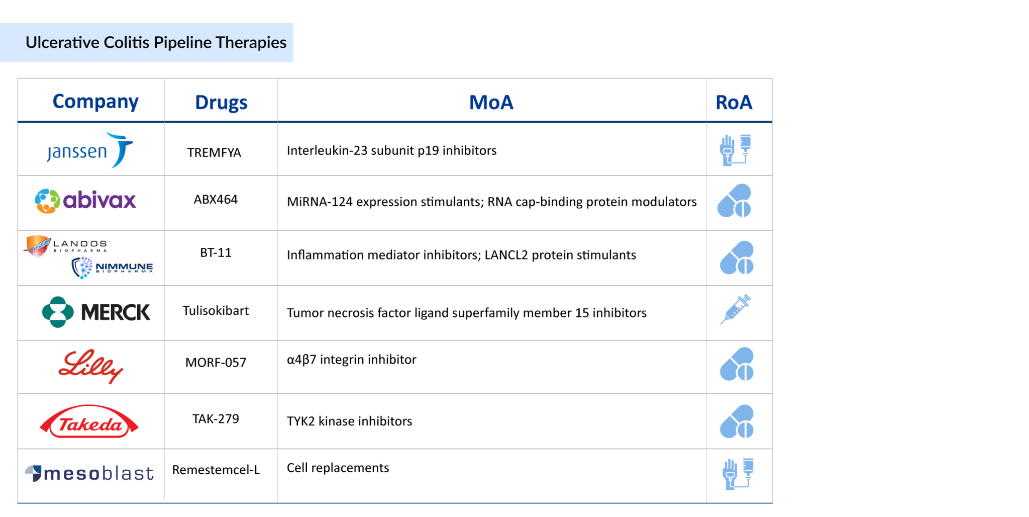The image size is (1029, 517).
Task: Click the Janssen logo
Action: pyautogui.click(x=90, y=150)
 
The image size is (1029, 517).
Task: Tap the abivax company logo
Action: pyautogui.click(x=85, y=201)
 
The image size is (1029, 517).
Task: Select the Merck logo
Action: pyautogui.click(x=96, y=312)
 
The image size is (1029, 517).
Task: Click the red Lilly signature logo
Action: pyautogui.click(x=91, y=366)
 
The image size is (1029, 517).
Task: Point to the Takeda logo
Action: pyautogui.click(x=89, y=422)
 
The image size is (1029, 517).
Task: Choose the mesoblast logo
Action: pyautogui.click(x=89, y=473)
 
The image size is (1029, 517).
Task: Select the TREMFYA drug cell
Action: pyautogui.click(x=214, y=152)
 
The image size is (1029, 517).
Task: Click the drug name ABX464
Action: pyautogui.click(x=216, y=200)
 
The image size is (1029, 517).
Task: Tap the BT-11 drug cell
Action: pyautogui.click(x=216, y=252)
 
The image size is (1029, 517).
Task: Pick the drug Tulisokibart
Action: pyautogui.click(x=216, y=311)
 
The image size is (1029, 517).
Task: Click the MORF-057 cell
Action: pyautogui.click(x=216, y=363)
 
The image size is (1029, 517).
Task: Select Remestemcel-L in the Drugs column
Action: pyautogui.click(x=216, y=470)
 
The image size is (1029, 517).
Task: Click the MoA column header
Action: pyautogui.click(x=491, y=103)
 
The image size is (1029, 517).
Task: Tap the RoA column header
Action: pyautogui.click(x=734, y=103)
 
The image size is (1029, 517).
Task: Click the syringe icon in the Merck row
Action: pyautogui.click(x=735, y=309)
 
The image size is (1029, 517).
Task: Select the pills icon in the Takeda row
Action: pyautogui.click(x=737, y=421)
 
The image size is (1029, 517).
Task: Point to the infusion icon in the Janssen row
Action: pyautogui.click(x=735, y=150)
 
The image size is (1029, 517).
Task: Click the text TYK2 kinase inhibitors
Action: pyautogui.click(x=349, y=421)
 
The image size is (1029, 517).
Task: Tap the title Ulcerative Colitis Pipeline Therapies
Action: pyautogui.click(x=156, y=43)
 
